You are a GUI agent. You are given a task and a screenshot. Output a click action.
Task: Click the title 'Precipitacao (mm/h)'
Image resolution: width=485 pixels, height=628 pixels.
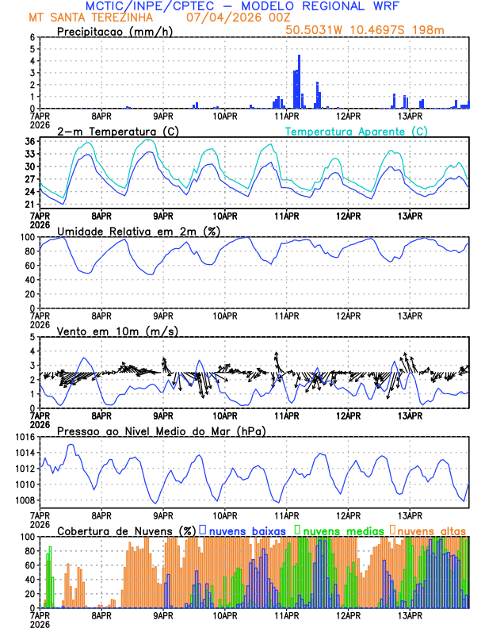[111, 31]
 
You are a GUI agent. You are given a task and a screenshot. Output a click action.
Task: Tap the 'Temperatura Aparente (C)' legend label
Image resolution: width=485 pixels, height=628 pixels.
[356, 130]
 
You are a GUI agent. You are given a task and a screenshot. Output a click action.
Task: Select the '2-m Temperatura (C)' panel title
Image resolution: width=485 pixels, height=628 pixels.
[118, 130]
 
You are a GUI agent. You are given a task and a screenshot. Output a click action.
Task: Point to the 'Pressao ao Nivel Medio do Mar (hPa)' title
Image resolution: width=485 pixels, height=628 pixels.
[161, 431]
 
